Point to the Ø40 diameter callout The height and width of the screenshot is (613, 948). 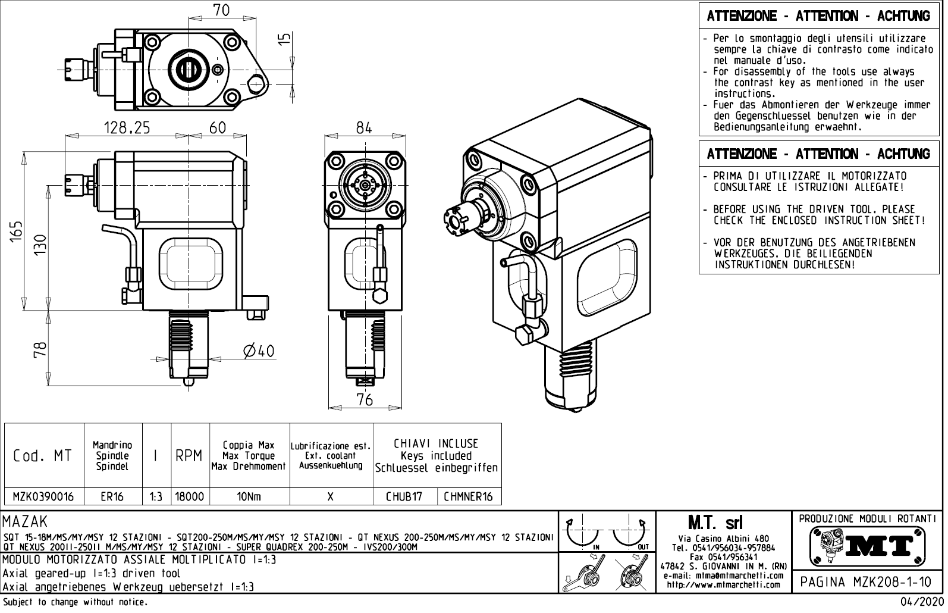coord(259,351)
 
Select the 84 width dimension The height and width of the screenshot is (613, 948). coord(364,127)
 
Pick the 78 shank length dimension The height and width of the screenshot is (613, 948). coord(39,349)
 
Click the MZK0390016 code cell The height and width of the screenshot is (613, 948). coord(44,497)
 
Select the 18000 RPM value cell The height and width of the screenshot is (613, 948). coord(190,497)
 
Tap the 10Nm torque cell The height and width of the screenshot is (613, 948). coord(249,497)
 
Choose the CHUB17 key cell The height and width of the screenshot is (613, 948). coord(404,497)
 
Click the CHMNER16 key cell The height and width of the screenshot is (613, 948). coord(469,497)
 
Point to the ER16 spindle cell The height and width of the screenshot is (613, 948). coord(112,497)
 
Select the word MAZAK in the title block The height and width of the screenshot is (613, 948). coord(25,523)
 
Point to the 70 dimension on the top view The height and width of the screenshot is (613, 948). coord(221,10)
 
